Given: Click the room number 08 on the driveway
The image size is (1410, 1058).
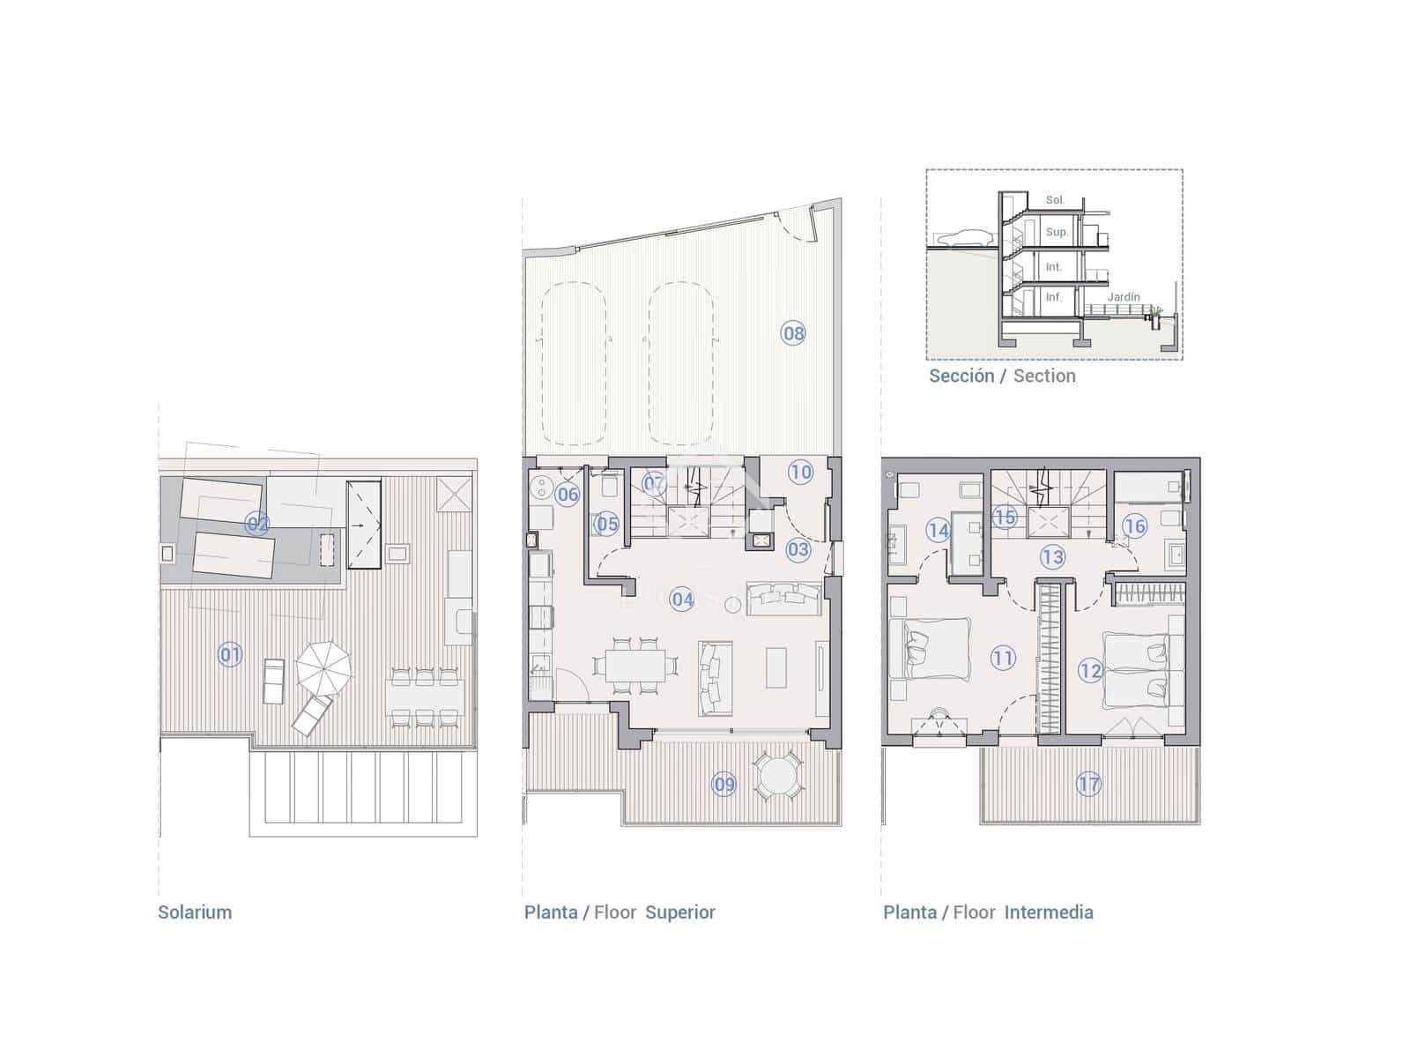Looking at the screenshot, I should point(793,333).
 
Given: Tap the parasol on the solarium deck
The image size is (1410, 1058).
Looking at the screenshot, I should point(323,668).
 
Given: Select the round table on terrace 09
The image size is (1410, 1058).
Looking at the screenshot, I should point(778,777).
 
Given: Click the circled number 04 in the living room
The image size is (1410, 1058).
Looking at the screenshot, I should point(683,600).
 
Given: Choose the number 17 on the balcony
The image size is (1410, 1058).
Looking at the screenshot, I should point(1089,784).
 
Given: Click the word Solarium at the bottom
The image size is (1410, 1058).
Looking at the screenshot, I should point(195,913).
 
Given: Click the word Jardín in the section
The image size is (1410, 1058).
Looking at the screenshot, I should point(1124,297).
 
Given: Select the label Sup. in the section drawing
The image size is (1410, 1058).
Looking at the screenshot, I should point(1056,233).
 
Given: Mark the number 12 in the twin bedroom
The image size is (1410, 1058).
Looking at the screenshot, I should point(1090,671).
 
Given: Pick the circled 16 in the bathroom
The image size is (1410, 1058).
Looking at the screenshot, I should point(1134,526).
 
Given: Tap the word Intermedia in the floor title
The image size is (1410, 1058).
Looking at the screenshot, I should point(1049,913).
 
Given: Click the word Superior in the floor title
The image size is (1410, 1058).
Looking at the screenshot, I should point(680,913).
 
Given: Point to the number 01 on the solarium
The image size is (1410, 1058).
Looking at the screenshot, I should point(230,654).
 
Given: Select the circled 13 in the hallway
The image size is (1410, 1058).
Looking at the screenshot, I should point(1053,556).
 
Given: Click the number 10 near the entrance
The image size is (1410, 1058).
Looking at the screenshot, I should point(800,472).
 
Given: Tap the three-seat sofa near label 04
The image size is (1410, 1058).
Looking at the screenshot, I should point(783,599).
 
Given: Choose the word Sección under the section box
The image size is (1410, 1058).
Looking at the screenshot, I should point(961,376).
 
